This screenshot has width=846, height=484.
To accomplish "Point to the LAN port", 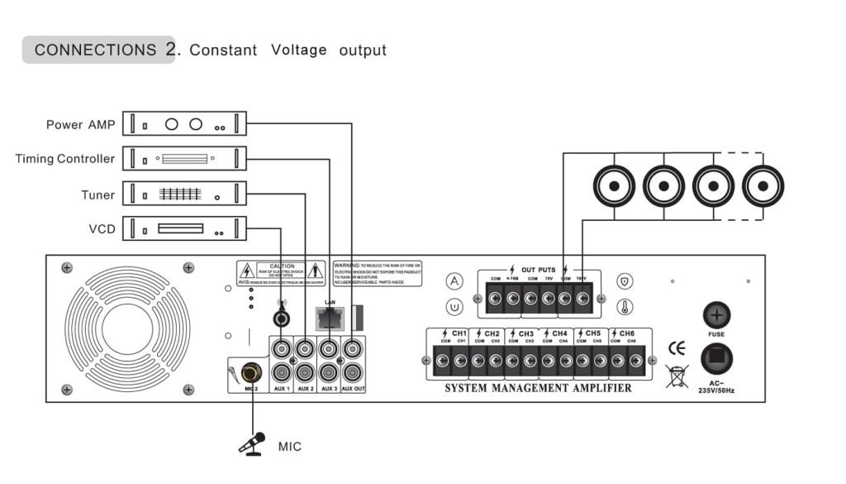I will pyautogui.click(x=330, y=317).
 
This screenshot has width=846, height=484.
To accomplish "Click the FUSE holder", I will pyautogui.click(x=716, y=315).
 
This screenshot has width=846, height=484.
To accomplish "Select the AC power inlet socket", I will pyautogui.click(x=716, y=358).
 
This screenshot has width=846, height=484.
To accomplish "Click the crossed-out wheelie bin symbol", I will pyautogui.click(x=677, y=376).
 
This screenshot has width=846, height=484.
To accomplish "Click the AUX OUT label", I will pyautogui.click(x=354, y=389).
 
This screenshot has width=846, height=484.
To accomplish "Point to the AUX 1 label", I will pyautogui.click(x=282, y=389).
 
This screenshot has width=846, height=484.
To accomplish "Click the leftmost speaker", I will pyautogui.click(x=614, y=186).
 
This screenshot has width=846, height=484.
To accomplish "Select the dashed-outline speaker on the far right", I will pyautogui.click(x=763, y=186).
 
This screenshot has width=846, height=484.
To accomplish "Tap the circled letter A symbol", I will pyautogui.click(x=454, y=281).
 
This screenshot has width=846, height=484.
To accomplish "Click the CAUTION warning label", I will pyautogui.click(x=281, y=273).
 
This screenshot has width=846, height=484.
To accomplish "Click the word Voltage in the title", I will pyautogui.click(x=298, y=50).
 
